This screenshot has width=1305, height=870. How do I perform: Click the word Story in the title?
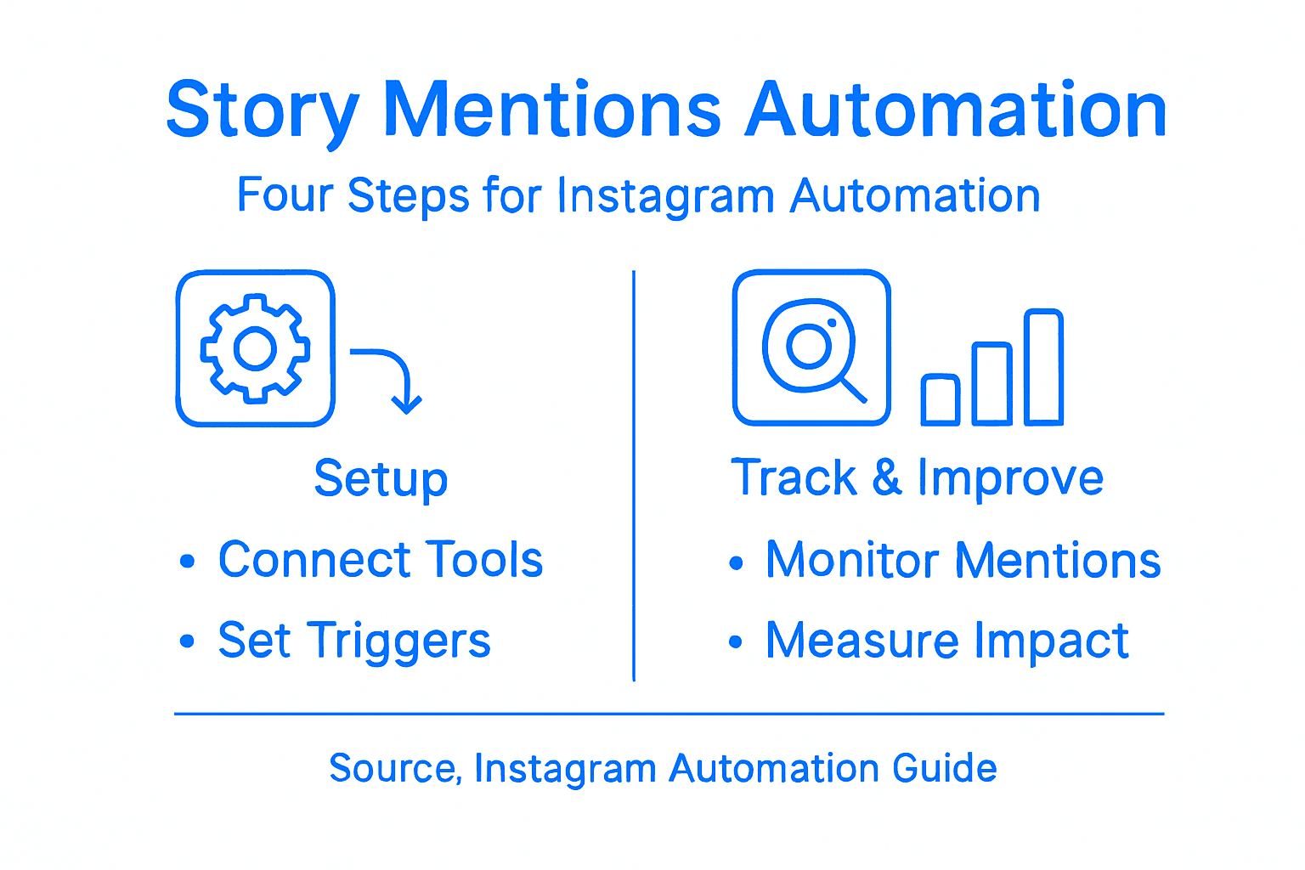click(x=262, y=111)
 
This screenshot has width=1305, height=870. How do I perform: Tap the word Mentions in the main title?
click(x=552, y=110)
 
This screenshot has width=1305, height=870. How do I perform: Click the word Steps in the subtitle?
click(x=409, y=197)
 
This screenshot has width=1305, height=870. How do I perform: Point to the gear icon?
click(x=255, y=348)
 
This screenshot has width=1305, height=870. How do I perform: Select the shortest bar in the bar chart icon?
click(x=941, y=399)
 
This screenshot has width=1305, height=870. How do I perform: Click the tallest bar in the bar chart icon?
click(x=1043, y=367)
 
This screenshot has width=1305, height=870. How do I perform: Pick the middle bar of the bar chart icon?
click(x=991, y=383)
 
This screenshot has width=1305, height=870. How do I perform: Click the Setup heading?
click(x=381, y=479)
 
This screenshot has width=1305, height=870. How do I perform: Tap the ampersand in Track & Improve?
click(x=886, y=477)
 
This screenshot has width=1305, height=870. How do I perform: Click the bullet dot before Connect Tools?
click(x=188, y=562)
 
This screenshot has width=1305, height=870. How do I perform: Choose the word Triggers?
click(x=398, y=641)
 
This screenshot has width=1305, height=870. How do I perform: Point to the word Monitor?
click(x=852, y=561)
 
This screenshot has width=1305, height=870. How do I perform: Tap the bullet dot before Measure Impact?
click(x=736, y=642)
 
